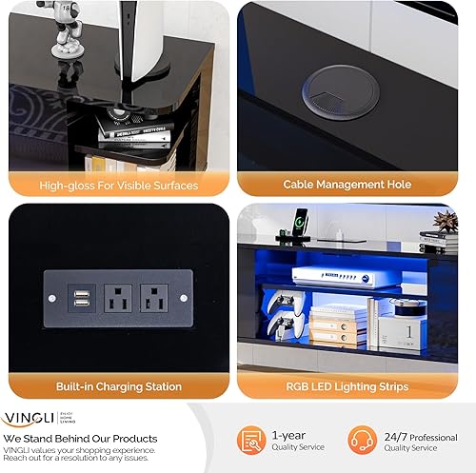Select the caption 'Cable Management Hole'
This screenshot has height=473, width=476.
pyautogui.click(x=351, y=185)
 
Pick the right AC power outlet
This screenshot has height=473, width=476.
pyautogui.click(x=154, y=298)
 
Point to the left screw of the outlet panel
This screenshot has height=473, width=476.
pyautogui.click(x=53, y=298)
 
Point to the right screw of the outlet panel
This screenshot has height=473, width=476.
pyautogui.click(x=183, y=298)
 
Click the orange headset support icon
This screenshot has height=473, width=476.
pyautogui.click(x=360, y=440)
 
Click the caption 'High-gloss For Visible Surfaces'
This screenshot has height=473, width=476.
pyautogui.click(x=118, y=185)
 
